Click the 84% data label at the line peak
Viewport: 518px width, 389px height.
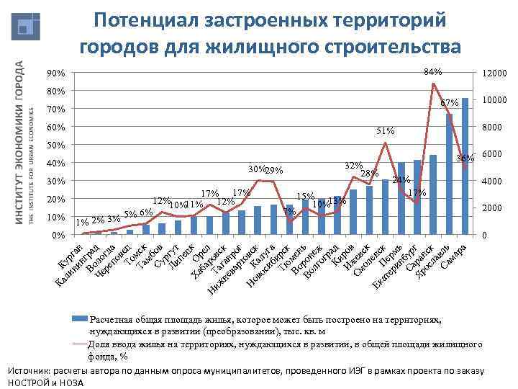click(x=433, y=72)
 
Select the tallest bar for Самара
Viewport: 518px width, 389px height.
click(x=465, y=166)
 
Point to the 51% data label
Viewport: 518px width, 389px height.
click(x=386, y=131)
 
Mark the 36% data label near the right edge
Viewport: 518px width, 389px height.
click(x=465, y=158)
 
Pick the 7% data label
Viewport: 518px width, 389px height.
click(x=288, y=211)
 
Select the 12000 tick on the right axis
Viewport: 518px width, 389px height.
click(x=495, y=74)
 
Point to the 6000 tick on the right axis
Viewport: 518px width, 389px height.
click(x=492, y=155)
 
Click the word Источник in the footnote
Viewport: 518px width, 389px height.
click(x=29, y=370)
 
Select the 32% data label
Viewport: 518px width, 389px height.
click(x=353, y=165)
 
